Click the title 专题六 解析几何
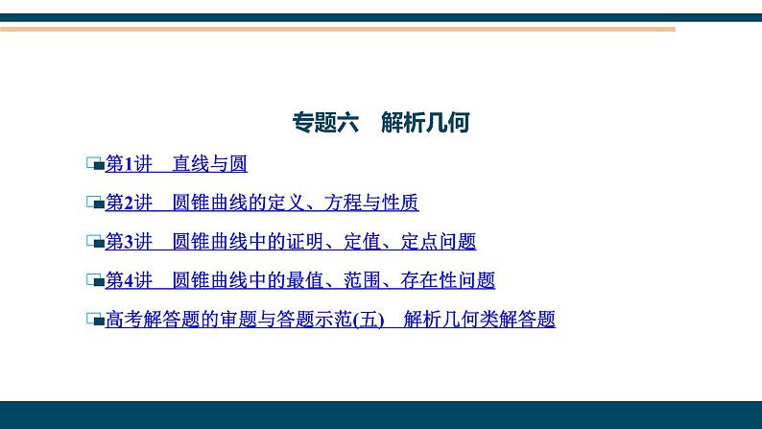[x=380, y=123]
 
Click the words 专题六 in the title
[x=324, y=123]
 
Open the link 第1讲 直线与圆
[x=176, y=164]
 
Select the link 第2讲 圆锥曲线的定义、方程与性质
[x=261, y=203]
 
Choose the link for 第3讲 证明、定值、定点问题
[x=290, y=242]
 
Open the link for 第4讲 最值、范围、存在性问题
[x=299, y=281]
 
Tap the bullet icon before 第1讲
[x=94, y=165]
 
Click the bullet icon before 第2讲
[x=94, y=203]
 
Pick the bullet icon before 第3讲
[x=94, y=243]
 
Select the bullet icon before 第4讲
[x=94, y=281]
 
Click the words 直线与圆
[x=210, y=164]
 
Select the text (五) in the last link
[x=369, y=320]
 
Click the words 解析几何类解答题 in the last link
[x=480, y=320]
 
